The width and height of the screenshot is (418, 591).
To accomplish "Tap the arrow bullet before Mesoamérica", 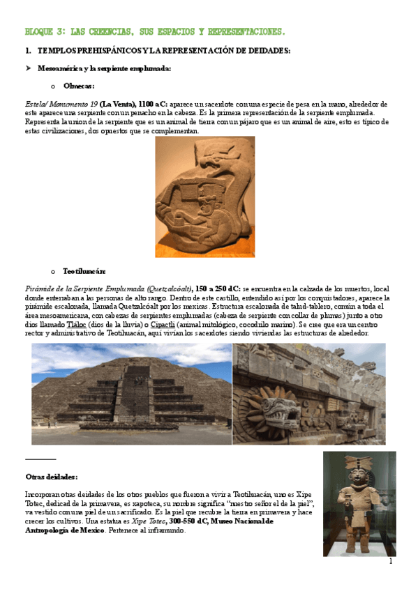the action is pyautogui.click(x=28, y=68).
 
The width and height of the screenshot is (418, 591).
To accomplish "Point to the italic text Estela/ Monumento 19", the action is pyautogui.click(x=60, y=104).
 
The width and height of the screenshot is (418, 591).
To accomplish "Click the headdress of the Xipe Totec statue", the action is pyautogui.click(x=359, y=465).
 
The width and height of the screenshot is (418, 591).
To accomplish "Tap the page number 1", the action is pyautogui.click(x=391, y=561).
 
